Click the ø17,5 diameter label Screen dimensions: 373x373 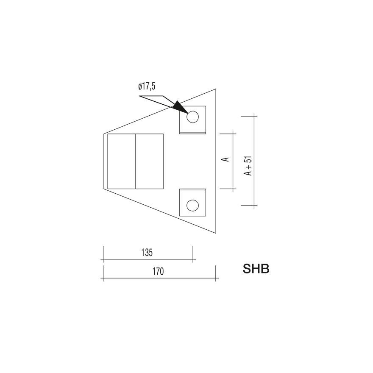(147, 86)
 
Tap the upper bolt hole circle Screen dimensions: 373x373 (192, 117)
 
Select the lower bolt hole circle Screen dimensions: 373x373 (192, 206)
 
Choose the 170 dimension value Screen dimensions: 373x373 (158, 272)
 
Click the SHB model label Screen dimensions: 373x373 (256, 269)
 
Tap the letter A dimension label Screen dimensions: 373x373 (226, 159)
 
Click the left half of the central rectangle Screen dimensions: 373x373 (121, 161)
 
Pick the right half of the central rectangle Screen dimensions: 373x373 (149, 161)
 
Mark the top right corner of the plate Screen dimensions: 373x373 (216, 89)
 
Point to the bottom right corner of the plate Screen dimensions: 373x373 (216, 234)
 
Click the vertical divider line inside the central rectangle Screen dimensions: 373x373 (135, 161)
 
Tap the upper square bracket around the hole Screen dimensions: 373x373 (192, 120)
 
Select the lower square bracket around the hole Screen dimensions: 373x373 (192, 203)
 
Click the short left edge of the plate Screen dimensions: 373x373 (104, 161)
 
